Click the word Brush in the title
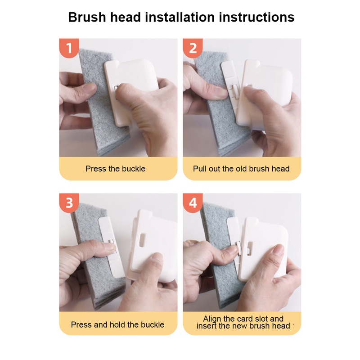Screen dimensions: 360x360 (87, 17)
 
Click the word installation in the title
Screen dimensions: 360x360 (180, 17)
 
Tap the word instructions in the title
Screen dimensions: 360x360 (256, 17)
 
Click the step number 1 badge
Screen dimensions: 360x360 (69, 48)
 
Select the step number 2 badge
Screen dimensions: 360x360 (193, 48)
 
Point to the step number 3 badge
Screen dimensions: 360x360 (69, 203)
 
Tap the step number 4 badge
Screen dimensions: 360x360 (193, 203)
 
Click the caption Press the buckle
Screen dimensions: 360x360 (116, 169)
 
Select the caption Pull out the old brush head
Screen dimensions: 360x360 (241, 169)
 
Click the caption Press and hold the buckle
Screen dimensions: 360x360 (117, 324)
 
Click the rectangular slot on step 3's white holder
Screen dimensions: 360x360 (142, 240)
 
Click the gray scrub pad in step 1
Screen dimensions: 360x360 (101, 108)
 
